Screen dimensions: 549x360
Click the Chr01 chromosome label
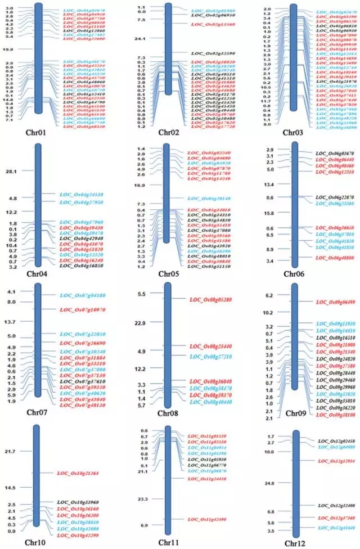[37, 133]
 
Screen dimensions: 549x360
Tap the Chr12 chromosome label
[295, 543]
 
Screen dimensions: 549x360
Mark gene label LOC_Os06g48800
[336, 257]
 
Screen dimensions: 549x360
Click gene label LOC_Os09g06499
[337, 302]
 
